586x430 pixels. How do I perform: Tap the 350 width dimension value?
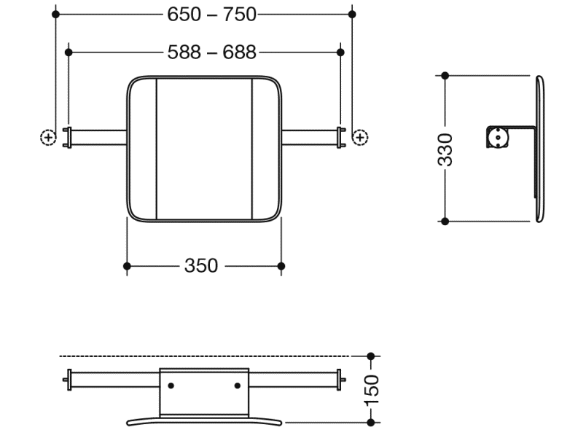pyautogui.click(x=200, y=266)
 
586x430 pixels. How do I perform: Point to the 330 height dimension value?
pyautogui.click(x=445, y=149)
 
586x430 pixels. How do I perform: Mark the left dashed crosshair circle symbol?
pyautogui.click(x=47, y=137)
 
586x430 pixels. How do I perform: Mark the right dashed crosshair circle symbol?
pyautogui.click(x=360, y=137)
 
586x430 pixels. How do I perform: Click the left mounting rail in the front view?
pyautogui.click(x=98, y=137)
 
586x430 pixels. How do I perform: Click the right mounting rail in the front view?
pyautogui.click(x=310, y=137)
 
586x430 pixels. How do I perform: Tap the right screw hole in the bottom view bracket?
pyautogui.click(x=238, y=386)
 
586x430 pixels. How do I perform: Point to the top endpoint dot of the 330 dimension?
pyautogui.click(x=445, y=75)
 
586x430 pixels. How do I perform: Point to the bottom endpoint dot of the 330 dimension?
pyautogui.click(x=445, y=221)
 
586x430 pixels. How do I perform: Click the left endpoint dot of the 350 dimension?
pyautogui.click(x=128, y=266)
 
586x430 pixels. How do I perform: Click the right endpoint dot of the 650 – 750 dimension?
pyautogui.click(x=352, y=14)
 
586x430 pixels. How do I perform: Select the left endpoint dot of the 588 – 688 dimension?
pyautogui.click(x=69, y=52)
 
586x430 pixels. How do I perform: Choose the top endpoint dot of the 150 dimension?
pyautogui.click(x=371, y=356)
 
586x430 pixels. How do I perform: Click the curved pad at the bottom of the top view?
pyautogui.click(x=204, y=421)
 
